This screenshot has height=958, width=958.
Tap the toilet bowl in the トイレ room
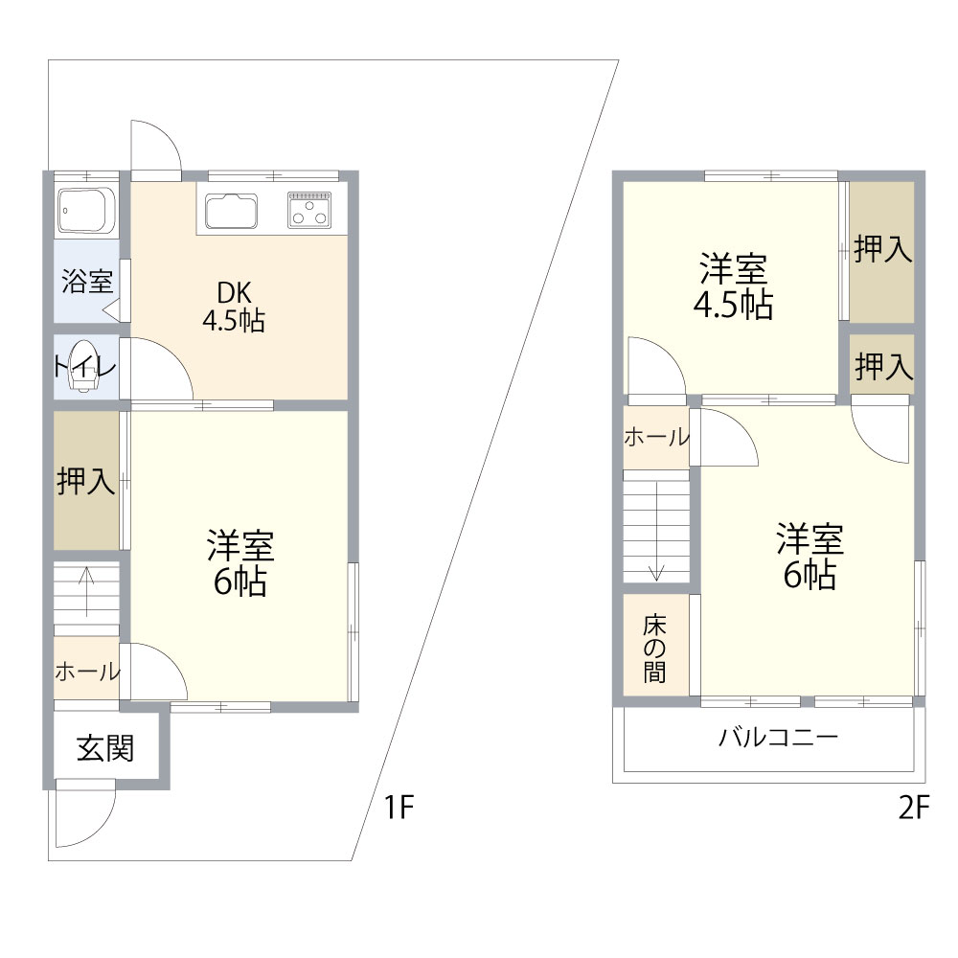83,368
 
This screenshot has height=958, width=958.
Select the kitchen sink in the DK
231,211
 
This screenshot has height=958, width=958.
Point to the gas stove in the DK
309,208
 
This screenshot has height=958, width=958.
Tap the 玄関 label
104,748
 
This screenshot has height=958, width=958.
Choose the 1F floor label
398,809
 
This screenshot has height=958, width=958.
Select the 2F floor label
914,809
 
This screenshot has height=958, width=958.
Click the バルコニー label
778,738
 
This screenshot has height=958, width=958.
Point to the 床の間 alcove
655,648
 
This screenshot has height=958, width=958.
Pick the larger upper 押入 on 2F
881,251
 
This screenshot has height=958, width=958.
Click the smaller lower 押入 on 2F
882,365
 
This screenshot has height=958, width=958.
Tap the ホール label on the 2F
656,438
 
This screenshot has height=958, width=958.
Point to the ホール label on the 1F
86,672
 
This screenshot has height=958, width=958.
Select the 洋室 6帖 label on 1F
240,562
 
